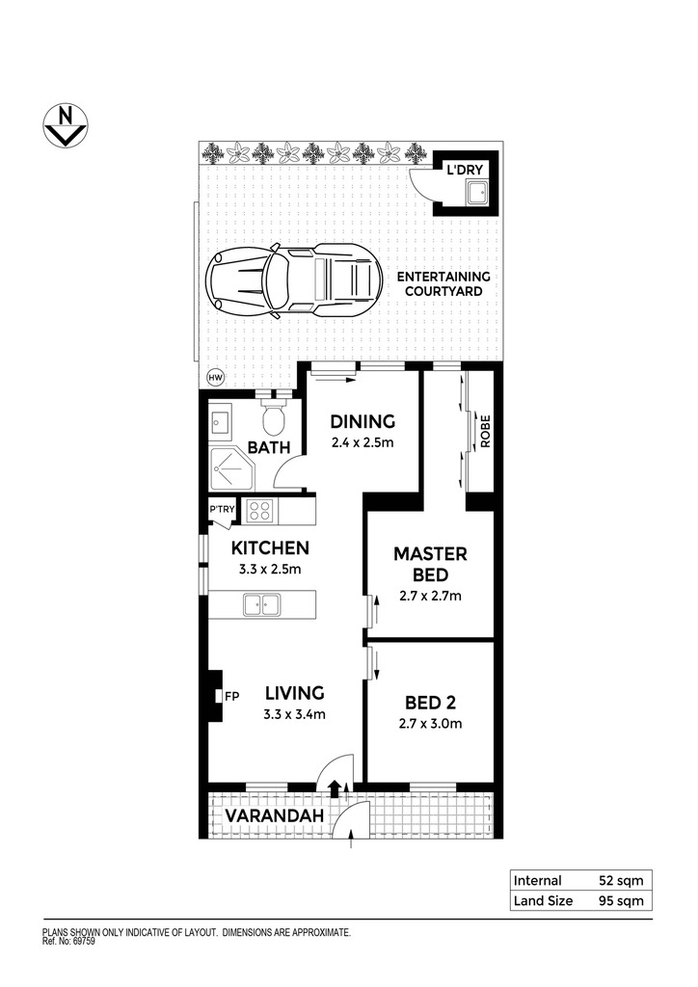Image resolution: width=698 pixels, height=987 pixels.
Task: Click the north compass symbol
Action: (x=65, y=126)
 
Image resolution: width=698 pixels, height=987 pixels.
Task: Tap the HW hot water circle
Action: (x=215, y=378)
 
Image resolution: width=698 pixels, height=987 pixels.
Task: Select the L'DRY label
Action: (x=465, y=170)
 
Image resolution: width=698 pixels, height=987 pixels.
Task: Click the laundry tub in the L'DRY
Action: (x=477, y=192)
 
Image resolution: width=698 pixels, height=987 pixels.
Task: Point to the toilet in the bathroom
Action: (x=274, y=417)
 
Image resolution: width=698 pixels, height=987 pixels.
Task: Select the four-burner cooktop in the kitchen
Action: (x=258, y=511)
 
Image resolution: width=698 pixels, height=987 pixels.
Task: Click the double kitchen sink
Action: (x=262, y=605)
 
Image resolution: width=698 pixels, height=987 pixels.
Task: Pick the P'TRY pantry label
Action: (x=222, y=509)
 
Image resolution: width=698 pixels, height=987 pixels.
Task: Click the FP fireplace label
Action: (x=231, y=696)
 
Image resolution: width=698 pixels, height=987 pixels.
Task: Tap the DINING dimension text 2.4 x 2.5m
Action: (x=362, y=442)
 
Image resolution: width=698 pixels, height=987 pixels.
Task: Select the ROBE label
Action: (x=485, y=432)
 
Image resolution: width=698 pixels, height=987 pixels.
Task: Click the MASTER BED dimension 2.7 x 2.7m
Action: (x=431, y=596)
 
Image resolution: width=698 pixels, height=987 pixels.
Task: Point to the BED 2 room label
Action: (x=431, y=702)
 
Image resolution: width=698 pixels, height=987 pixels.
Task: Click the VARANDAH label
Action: (x=275, y=815)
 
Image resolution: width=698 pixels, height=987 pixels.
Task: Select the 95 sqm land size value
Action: (x=621, y=901)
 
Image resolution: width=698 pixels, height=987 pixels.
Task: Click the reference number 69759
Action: (x=85, y=943)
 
